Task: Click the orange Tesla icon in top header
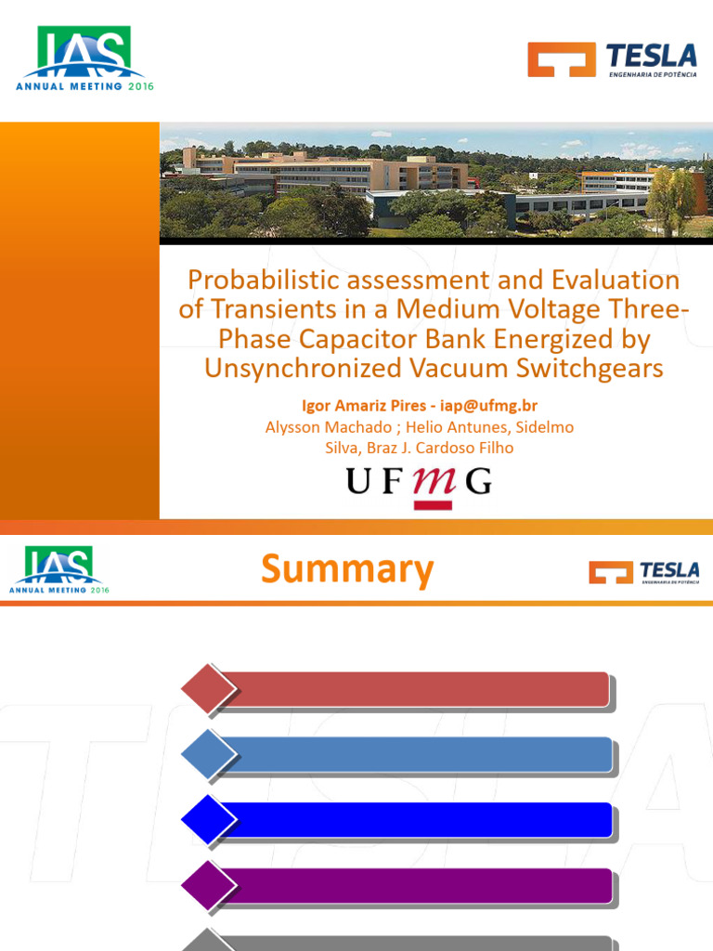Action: point(561,59)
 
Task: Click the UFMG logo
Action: point(419,484)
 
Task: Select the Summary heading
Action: point(347,568)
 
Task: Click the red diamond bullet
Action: point(209,689)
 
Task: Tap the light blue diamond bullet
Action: point(209,754)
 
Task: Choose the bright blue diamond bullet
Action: point(209,820)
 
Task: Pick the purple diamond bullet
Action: point(209,885)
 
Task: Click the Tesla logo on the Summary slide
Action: point(643,571)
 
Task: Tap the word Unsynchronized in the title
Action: point(304,369)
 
